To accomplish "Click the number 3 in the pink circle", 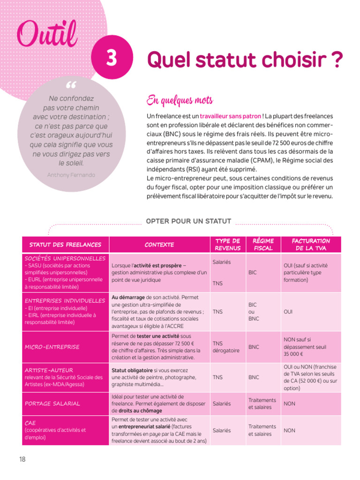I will click(111, 59).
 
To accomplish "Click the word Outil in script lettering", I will click(47, 33).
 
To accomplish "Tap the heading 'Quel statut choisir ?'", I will click(245, 60).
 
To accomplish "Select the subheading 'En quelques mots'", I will click(180, 100).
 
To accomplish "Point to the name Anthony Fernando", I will click(71, 175).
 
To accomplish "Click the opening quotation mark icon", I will click(71, 86).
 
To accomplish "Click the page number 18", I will click(22, 459).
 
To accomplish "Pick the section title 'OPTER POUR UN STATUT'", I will click(189, 221).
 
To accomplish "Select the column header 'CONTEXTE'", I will click(159, 245).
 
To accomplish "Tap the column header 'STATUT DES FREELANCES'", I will click(65, 245).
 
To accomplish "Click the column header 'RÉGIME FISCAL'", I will click(263, 245).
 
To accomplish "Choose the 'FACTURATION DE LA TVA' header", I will click(311, 245).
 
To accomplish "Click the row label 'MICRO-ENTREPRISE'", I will click(52, 347).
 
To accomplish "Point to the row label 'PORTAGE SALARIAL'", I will click(52, 403).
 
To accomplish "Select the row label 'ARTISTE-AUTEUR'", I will click(49, 370).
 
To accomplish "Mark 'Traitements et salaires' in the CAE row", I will click(262, 430).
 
